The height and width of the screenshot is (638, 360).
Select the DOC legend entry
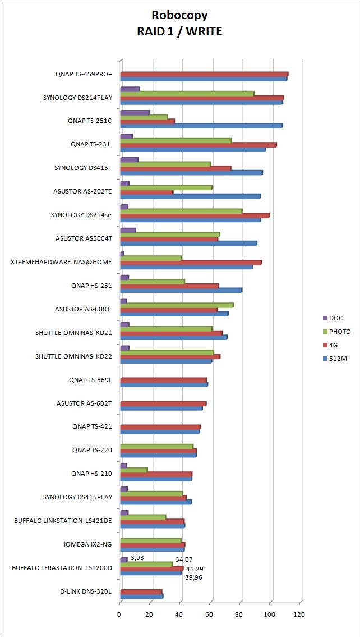(x=336, y=318)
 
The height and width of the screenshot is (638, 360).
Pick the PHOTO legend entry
(x=339, y=332)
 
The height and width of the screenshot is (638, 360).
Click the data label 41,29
(x=195, y=568)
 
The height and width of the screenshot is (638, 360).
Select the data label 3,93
(x=137, y=558)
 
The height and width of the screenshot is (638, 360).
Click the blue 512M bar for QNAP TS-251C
(x=201, y=126)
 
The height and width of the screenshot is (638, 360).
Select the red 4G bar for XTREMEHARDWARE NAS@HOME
(x=191, y=262)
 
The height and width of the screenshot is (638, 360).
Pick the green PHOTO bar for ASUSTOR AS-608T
(x=177, y=305)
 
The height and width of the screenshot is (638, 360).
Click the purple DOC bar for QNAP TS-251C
(x=135, y=113)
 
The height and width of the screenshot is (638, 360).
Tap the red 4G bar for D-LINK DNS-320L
(x=141, y=591)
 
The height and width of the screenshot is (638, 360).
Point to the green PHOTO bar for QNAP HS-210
(x=134, y=470)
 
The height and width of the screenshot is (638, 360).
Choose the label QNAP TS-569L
(x=91, y=380)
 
